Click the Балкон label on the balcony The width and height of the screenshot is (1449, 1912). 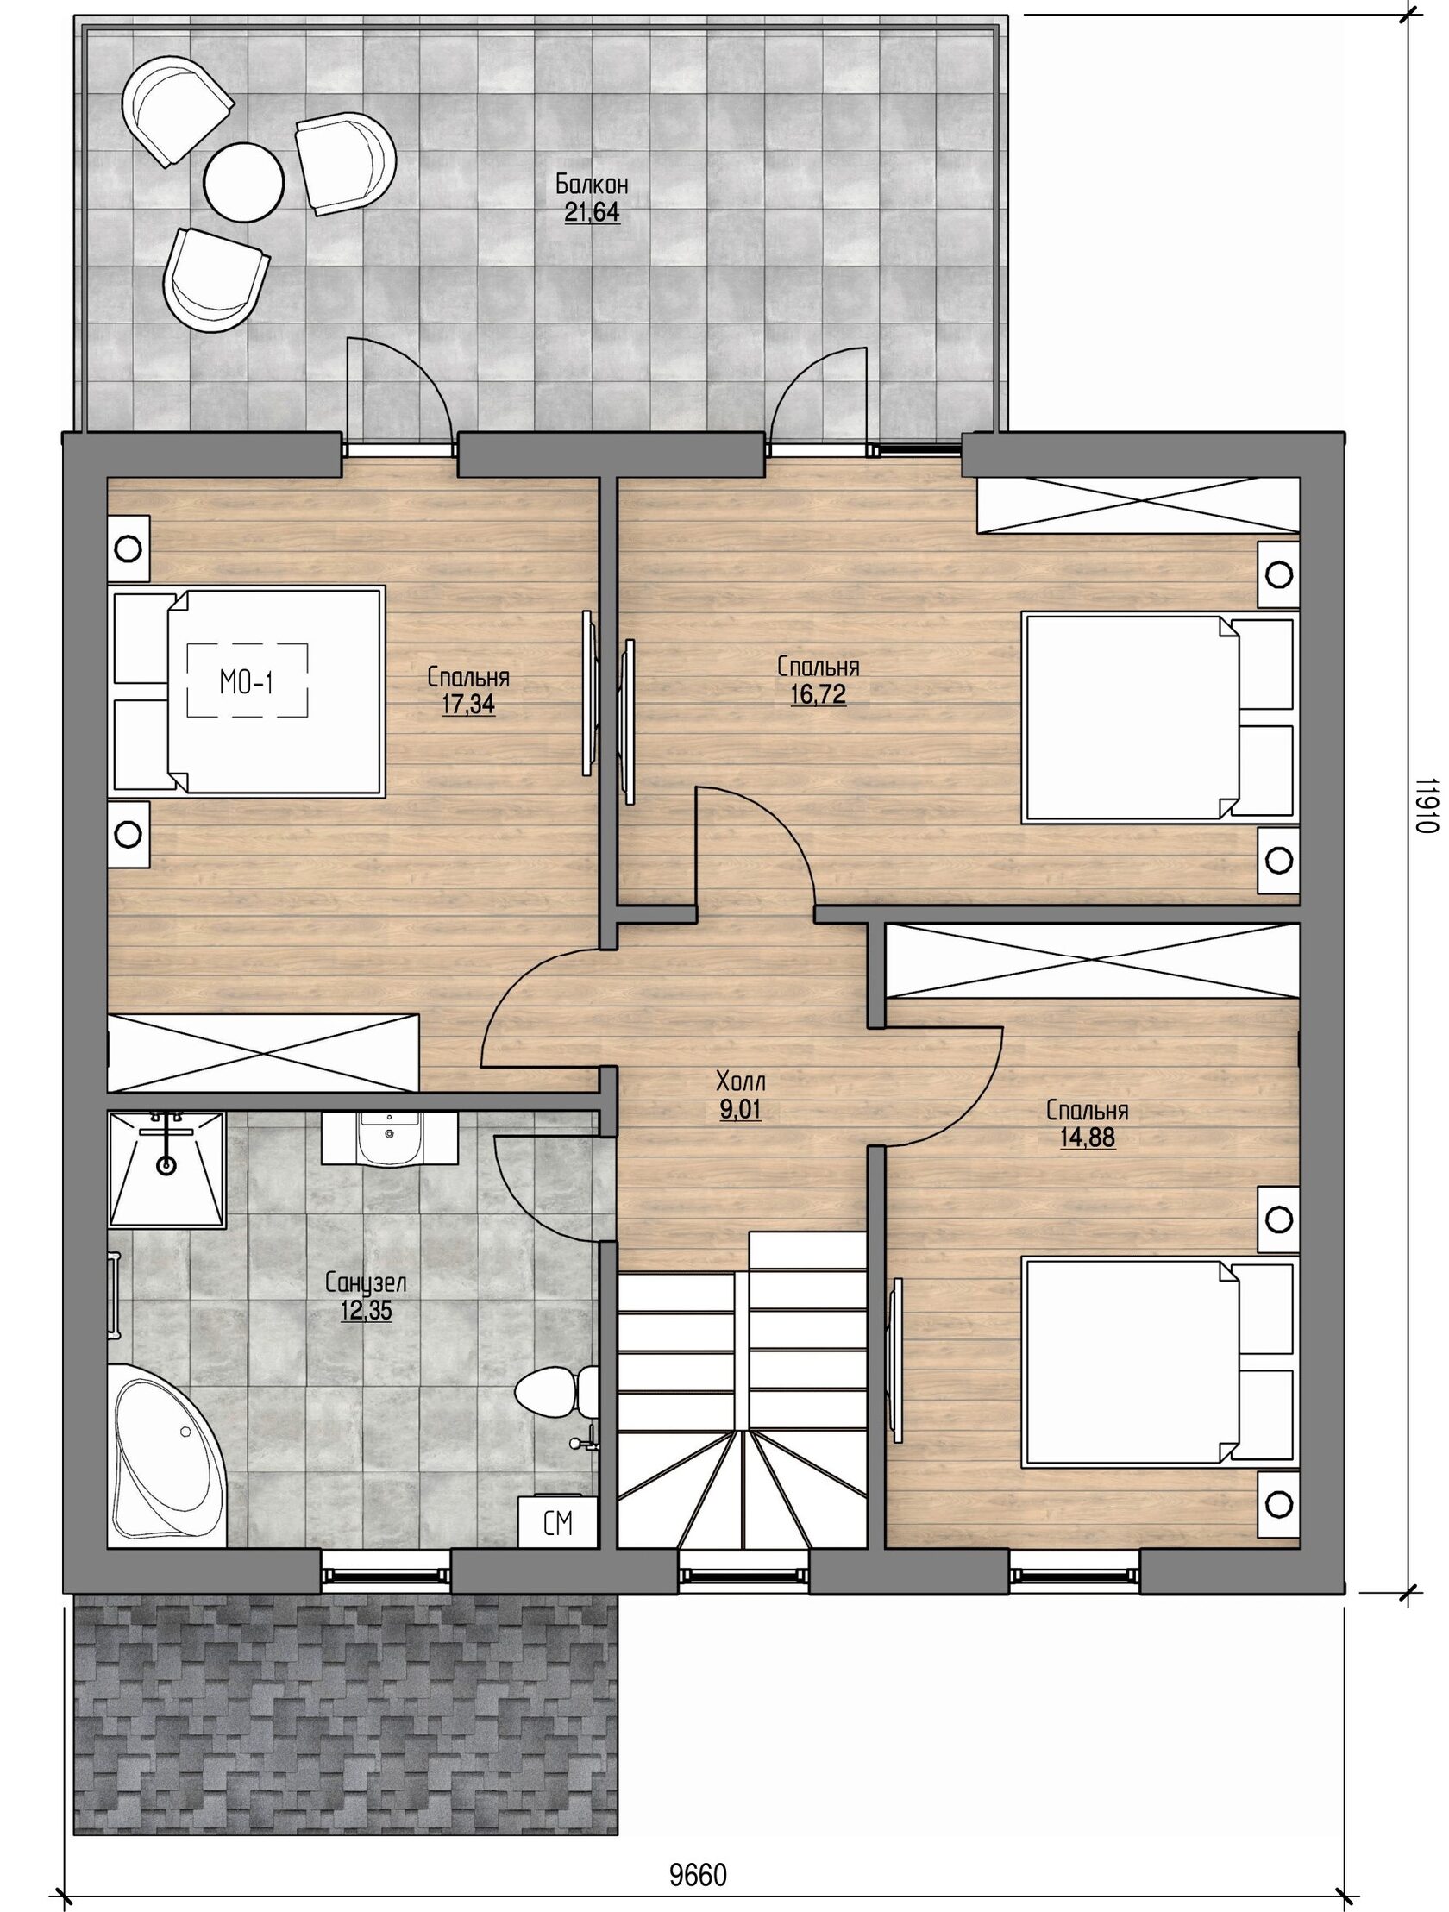tap(592, 184)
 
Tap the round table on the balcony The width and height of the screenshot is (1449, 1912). tap(244, 180)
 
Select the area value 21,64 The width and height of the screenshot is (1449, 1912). tap(593, 213)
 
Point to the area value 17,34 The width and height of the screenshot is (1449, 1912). tap(467, 705)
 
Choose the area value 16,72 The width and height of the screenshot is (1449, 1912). tap(818, 694)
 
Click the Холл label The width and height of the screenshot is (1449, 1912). tap(741, 1080)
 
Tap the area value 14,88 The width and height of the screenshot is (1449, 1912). tap(1088, 1138)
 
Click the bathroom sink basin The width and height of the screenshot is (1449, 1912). tap(389, 1139)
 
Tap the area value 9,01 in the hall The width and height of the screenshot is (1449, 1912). tap(741, 1110)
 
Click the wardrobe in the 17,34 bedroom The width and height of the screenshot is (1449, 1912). tap(264, 1053)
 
